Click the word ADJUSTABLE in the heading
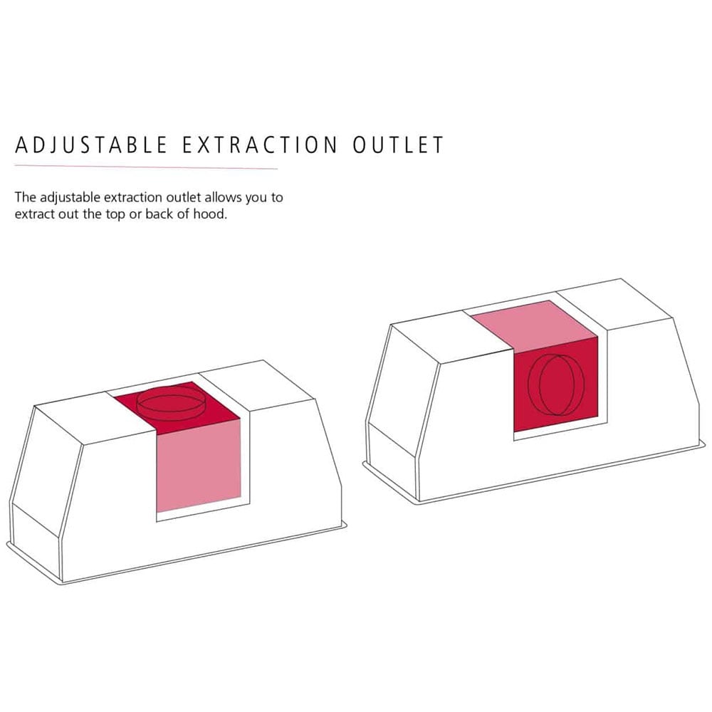(x=92, y=145)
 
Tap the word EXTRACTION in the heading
(x=260, y=145)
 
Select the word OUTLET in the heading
(x=398, y=145)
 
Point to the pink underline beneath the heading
(x=146, y=167)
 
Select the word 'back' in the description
(x=159, y=214)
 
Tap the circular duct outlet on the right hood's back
(x=556, y=385)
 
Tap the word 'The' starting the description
(x=25, y=197)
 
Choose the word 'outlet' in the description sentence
(x=182, y=197)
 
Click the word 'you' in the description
(x=255, y=199)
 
